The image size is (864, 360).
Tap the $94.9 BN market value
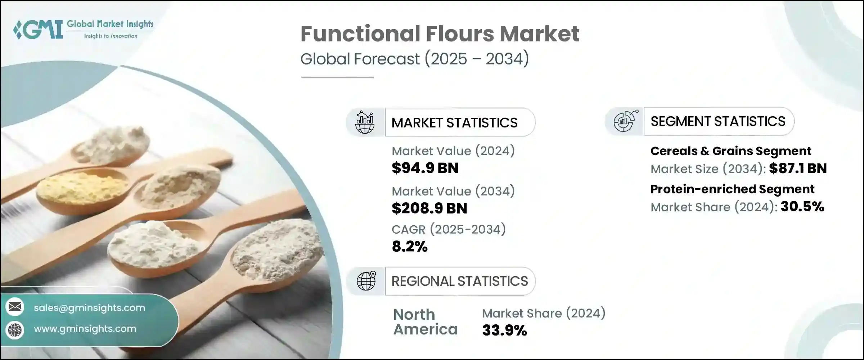[425, 168]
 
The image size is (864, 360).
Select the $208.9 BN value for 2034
[429, 208]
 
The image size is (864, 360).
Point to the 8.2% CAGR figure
[410, 247]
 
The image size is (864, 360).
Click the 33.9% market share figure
[504, 330]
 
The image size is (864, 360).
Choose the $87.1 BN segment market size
[798, 168]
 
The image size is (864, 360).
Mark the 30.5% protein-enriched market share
[802, 207]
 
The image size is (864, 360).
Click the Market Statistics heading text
[454, 123]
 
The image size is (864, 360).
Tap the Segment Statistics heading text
[718, 121]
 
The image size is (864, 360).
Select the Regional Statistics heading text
[460, 281]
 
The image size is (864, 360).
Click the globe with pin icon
[366, 281]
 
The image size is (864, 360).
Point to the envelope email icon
[15, 307]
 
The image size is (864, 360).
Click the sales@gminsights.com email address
[89, 308]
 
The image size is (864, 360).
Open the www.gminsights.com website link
[85, 329]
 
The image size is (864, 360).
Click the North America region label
[425, 322]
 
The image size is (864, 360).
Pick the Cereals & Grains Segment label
[731, 151]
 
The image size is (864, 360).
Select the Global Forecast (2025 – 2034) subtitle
[415, 59]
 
